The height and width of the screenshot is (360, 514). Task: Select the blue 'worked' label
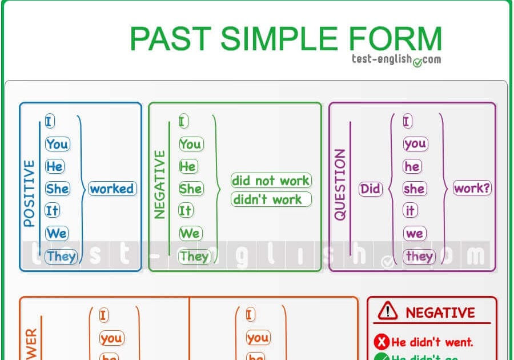click(x=112, y=189)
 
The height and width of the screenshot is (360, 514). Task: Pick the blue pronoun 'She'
click(x=57, y=189)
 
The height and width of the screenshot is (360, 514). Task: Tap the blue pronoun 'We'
click(x=57, y=233)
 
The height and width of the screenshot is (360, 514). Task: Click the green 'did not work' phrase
click(x=271, y=181)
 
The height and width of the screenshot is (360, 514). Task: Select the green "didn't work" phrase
click(x=271, y=199)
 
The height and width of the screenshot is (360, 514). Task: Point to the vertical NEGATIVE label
click(x=160, y=184)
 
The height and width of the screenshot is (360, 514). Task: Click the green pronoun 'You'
click(x=190, y=144)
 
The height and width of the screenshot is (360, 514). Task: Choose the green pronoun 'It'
click(x=186, y=211)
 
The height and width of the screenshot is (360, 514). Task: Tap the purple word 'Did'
click(x=370, y=189)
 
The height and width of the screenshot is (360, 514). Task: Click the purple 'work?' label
click(x=472, y=188)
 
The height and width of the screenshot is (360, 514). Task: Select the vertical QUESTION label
click(x=340, y=184)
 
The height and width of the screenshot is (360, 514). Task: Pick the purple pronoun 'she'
click(x=414, y=189)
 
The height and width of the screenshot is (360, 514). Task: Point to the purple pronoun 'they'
click(x=419, y=256)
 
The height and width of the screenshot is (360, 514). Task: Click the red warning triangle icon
click(x=387, y=310)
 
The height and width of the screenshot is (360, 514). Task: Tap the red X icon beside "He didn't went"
click(x=382, y=342)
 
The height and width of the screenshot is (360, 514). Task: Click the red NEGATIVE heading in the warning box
click(x=440, y=313)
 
